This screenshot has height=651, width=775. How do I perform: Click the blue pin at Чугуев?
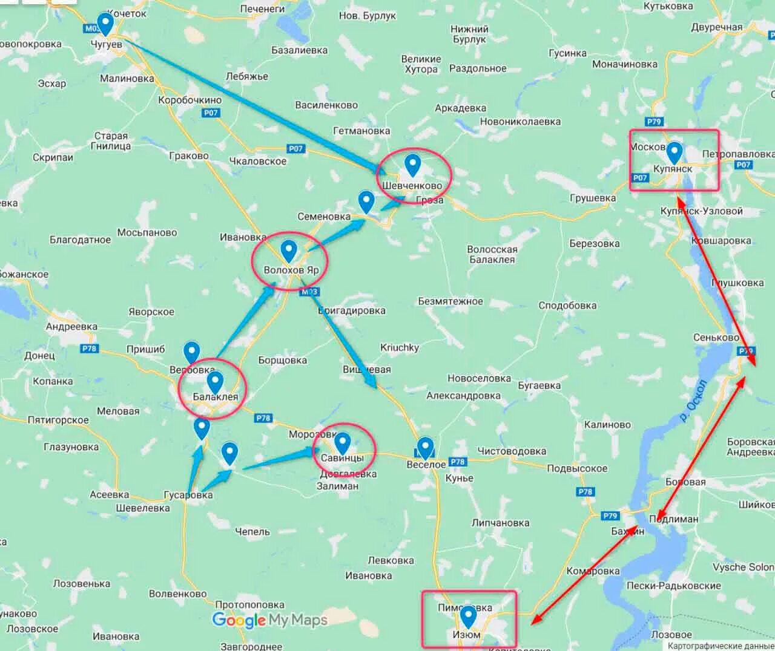[x=106, y=24]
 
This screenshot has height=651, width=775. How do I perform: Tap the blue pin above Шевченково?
[x=412, y=164]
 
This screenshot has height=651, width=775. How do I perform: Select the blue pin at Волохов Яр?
[x=289, y=250]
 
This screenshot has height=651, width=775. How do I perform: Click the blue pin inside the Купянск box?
[x=674, y=152]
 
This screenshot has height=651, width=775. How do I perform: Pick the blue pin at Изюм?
[x=467, y=617]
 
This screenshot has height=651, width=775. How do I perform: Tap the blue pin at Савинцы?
[x=343, y=443]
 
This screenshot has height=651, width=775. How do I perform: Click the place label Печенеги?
[x=262, y=9]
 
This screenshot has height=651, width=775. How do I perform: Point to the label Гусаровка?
[x=188, y=495]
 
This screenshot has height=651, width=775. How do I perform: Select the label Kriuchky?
[x=400, y=347]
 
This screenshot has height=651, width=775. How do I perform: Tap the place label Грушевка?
[x=593, y=198]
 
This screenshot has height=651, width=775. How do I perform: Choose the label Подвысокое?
[x=577, y=468]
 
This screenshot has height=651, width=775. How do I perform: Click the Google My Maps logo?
[x=269, y=620]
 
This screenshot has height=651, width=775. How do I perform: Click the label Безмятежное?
[x=450, y=301]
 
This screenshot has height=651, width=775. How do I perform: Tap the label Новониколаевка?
[x=520, y=122]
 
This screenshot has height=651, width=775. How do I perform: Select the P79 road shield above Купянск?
[x=654, y=122]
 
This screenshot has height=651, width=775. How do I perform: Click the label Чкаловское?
[x=258, y=162]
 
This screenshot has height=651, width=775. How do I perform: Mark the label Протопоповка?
[x=249, y=604]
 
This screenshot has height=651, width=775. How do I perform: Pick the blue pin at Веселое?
[x=426, y=448]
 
